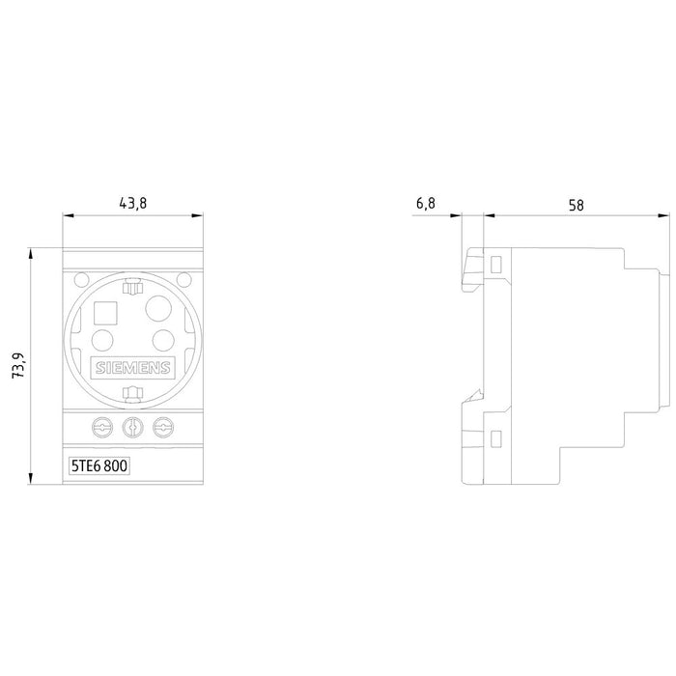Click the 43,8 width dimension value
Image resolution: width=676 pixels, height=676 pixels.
click(x=133, y=203)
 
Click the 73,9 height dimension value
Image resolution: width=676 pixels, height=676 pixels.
click(x=18, y=366)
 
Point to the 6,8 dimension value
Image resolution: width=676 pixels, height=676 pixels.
click(x=426, y=203)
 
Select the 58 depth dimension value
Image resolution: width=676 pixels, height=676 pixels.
click(x=576, y=205)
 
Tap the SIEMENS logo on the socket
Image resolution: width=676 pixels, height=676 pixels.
click(x=133, y=368)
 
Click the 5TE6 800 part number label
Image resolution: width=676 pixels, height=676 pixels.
click(x=99, y=466)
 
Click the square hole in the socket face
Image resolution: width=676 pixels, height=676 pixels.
click(x=105, y=314)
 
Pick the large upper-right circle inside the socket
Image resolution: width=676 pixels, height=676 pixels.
click(x=158, y=308)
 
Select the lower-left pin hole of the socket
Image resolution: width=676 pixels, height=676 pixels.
click(x=102, y=340)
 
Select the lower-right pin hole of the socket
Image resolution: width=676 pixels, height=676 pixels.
click(x=163, y=340)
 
